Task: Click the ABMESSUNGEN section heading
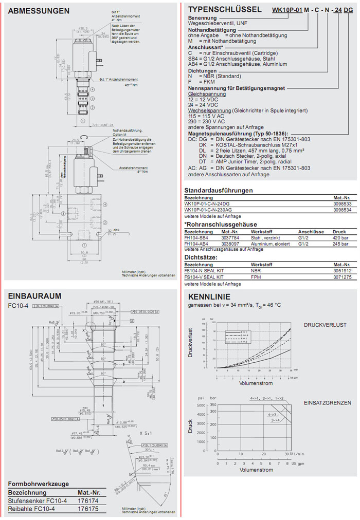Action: pos(39,11)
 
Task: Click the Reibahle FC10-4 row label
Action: pos(30,508)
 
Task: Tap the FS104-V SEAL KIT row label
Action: pos(204,277)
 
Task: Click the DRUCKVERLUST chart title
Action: pos(325,325)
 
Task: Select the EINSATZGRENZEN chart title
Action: pos(327,403)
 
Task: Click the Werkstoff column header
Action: pos(261,231)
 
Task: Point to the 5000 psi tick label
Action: pos(201,406)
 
